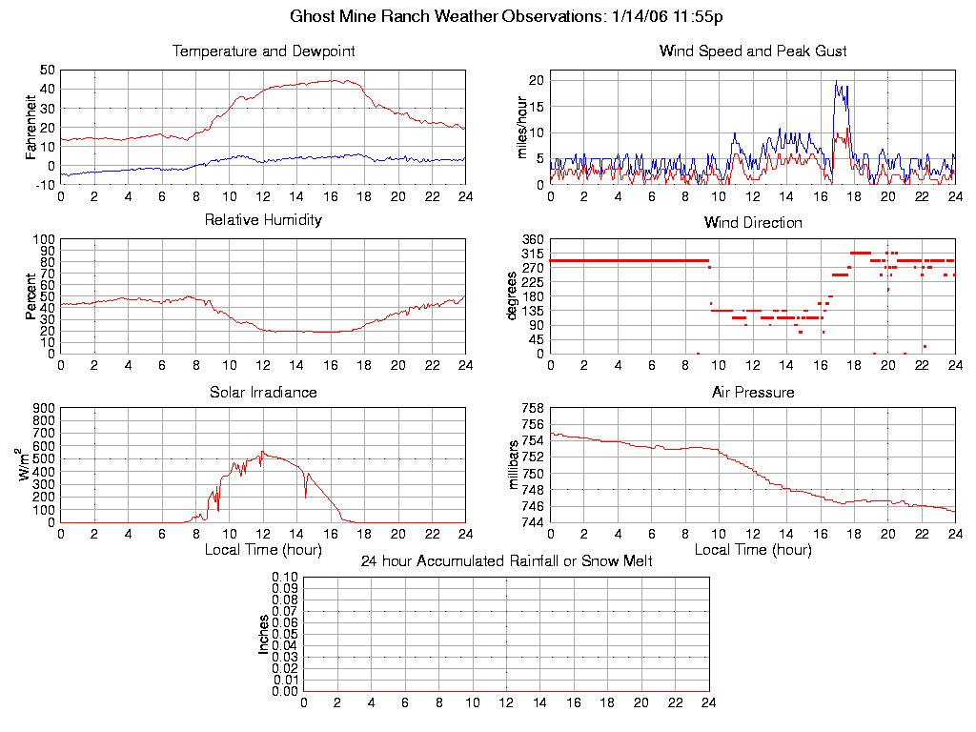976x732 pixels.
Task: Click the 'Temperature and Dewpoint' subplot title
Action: coord(263,51)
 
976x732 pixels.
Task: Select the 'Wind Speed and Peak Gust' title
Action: coord(753,51)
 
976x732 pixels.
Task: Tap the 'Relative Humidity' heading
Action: coord(263,220)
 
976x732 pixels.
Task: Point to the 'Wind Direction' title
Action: coord(753,223)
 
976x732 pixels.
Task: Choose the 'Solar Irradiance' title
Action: coord(263,392)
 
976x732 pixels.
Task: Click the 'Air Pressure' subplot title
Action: coord(753,392)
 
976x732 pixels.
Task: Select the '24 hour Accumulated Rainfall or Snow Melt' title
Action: coord(506,560)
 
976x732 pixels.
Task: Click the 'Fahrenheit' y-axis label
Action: coord(31,127)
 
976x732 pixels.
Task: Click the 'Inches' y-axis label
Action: coord(264,634)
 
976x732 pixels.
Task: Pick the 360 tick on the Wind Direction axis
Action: coord(533,239)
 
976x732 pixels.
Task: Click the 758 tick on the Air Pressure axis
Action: coord(533,408)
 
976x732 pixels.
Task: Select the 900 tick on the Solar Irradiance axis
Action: coord(44,408)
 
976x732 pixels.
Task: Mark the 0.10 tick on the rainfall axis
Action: coord(285,577)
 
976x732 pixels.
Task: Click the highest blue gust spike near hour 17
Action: coord(836,82)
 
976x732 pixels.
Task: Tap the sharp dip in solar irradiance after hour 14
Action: coord(305,497)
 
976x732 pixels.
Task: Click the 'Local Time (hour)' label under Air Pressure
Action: coord(753,550)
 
